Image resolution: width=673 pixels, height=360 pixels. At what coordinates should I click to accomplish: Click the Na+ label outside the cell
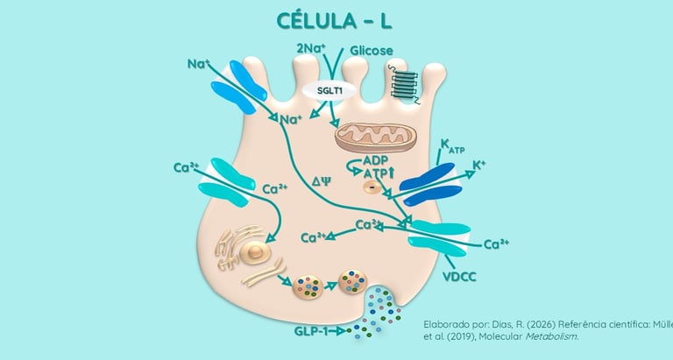[196, 64]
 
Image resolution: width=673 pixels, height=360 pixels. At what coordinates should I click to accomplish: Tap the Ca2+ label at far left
[187, 167]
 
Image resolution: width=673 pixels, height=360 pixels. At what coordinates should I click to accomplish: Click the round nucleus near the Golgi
[257, 253]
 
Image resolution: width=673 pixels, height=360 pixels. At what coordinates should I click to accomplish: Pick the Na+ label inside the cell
[290, 119]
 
